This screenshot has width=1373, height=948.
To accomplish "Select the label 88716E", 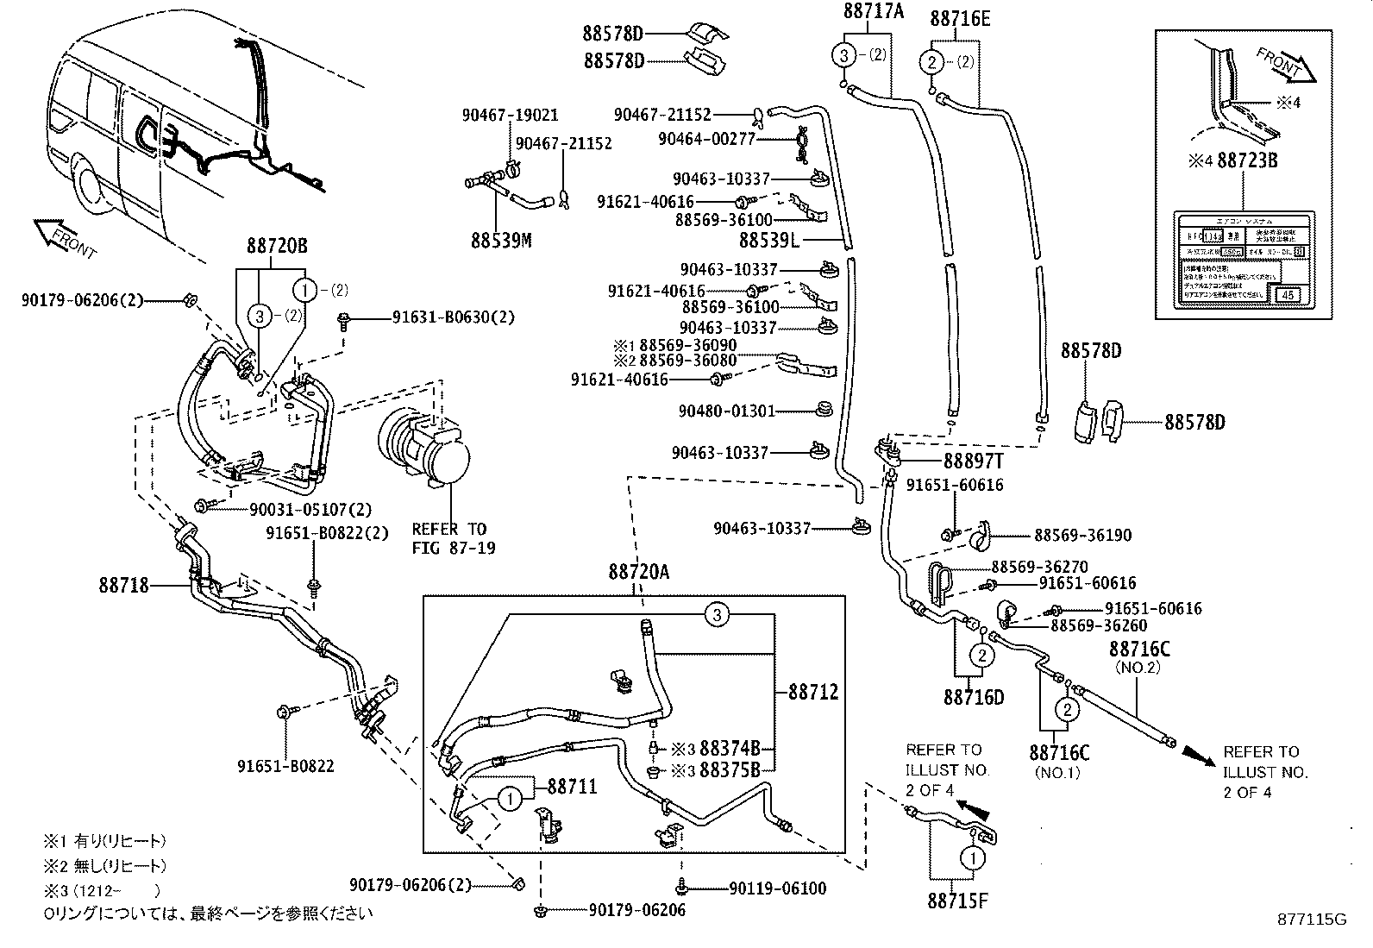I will [x=959, y=18].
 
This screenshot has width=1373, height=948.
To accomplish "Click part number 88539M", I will [x=500, y=239].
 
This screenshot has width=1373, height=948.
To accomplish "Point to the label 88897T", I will [x=972, y=461].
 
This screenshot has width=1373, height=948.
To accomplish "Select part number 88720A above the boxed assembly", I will [x=639, y=571].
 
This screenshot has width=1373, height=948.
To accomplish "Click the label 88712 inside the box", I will [x=812, y=692].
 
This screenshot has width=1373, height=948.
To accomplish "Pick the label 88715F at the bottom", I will [x=957, y=901].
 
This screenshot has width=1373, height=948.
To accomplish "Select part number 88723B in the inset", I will [x=1247, y=160].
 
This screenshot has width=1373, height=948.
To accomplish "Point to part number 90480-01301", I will [x=727, y=411].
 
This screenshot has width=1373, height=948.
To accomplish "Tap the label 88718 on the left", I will [x=123, y=586].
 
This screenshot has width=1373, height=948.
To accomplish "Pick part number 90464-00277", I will [x=706, y=138].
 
